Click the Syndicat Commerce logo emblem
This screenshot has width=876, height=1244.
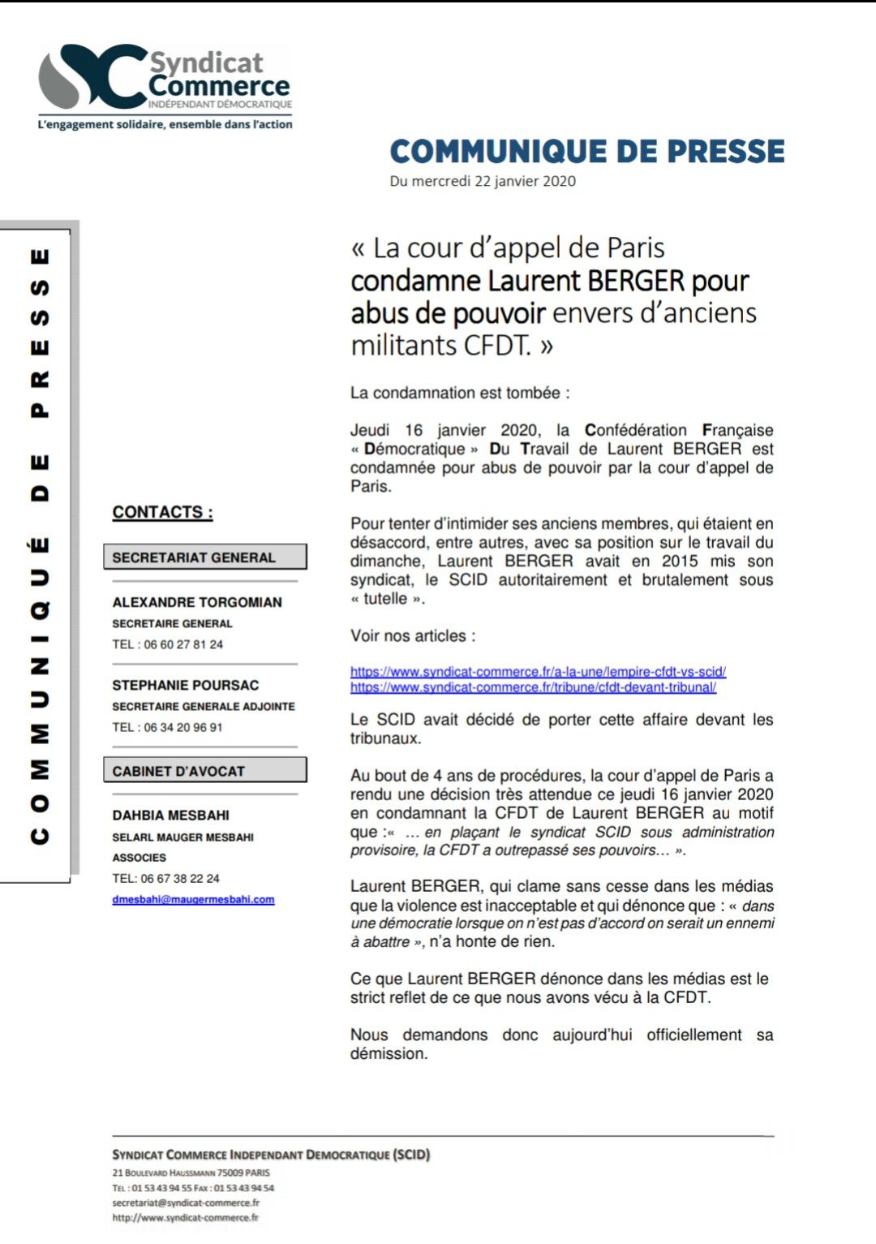[x=93, y=77]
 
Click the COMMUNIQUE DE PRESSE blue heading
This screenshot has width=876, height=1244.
[x=587, y=152]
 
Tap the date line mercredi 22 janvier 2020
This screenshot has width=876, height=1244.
[x=483, y=181]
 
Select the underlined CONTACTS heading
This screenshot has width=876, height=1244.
[x=162, y=512]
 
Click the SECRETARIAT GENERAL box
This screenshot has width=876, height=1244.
[x=205, y=557]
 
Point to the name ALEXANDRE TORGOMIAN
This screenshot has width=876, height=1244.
[x=197, y=602]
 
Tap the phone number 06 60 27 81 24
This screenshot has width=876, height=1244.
[x=183, y=644]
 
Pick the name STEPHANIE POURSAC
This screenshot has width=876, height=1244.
[x=186, y=685]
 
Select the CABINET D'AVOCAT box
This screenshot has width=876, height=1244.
[x=205, y=770]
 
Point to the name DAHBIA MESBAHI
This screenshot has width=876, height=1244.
[x=170, y=815]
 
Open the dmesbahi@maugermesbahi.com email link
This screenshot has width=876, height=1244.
[x=193, y=899]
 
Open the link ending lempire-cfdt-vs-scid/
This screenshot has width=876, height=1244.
[x=538, y=672]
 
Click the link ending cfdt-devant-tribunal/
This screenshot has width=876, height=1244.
[x=533, y=687]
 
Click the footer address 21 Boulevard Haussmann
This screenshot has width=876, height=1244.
[x=191, y=1173]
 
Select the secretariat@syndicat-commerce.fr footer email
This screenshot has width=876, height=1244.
[x=186, y=1203]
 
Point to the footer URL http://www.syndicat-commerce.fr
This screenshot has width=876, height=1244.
[x=185, y=1217]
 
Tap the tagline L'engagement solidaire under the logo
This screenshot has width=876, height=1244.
[x=165, y=124]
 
